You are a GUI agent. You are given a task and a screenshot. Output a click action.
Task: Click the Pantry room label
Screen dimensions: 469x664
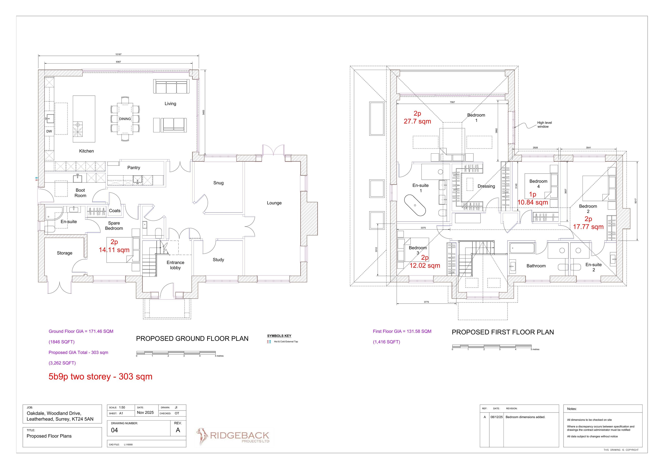coord(134,168)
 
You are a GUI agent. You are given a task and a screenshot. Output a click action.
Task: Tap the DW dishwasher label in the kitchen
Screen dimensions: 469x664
coord(49,131)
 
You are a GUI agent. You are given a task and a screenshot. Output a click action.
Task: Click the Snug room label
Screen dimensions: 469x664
coord(218,183)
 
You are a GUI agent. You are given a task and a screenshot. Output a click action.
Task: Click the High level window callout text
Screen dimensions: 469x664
coord(544,125)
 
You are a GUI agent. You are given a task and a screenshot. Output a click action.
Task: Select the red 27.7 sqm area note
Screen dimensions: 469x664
coord(417,122)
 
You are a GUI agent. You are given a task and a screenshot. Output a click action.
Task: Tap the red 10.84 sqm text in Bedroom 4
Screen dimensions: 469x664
coord(533,202)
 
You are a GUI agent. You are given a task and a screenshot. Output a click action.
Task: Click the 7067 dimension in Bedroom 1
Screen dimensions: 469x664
coord(452,102)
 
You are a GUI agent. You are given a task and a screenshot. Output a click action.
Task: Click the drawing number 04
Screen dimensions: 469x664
coord(114,430)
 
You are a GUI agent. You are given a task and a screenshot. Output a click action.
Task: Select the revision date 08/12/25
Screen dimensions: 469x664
coord(496,417)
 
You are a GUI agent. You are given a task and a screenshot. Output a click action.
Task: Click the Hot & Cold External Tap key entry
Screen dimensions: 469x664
coord(286,342)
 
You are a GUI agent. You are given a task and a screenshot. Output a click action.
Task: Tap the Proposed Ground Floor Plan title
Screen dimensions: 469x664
coord(192,339)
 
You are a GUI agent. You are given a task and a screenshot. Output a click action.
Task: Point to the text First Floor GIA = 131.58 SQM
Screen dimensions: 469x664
coord(402,331)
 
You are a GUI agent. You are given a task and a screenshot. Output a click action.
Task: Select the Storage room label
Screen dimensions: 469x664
coord(64,253)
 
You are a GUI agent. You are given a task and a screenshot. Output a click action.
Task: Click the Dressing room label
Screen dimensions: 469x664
coord(486,186)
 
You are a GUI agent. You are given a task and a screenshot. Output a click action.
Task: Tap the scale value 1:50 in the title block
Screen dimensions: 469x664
coord(122,407)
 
